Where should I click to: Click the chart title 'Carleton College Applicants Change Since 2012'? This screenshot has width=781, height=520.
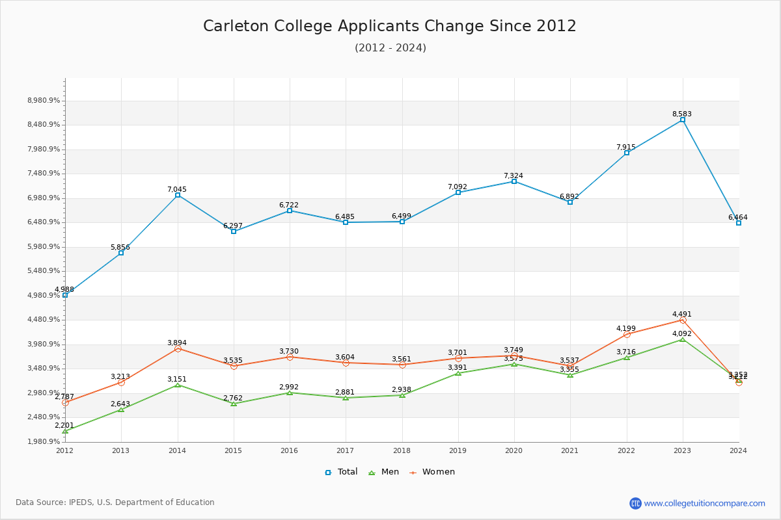pyautogui.click(x=390, y=26)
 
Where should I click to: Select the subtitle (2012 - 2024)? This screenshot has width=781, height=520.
pyautogui.click(x=390, y=47)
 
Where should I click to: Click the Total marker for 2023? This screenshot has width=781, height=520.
pyautogui.click(x=683, y=120)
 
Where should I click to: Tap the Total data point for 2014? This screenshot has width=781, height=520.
pyautogui.click(x=178, y=195)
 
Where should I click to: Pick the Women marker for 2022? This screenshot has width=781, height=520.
pyautogui.click(x=627, y=334)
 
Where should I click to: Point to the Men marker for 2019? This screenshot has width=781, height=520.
pyautogui.click(x=458, y=373)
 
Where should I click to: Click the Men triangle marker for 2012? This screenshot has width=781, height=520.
pyautogui.click(x=65, y=431)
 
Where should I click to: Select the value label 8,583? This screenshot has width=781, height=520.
pyautogui.click(x=682, y=114)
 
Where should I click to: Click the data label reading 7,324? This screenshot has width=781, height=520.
pyautogui.click(x=514, y=175)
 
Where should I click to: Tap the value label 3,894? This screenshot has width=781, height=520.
pyautogui.click(x=177, y=343)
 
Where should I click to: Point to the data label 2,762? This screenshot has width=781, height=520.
pyautogui.click(x=233, y=398)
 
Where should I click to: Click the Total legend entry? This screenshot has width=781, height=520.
pyautogui.click(x=341, y=472)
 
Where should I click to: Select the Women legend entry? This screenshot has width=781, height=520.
pyautogui.click(x=432, y=472)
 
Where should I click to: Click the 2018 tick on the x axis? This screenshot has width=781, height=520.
pyautogui.click(x=402, y=450)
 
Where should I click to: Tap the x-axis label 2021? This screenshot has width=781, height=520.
pyautogui.click(x=570, y=450)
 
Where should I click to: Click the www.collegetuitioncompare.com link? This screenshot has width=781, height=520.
pyautogui.click(x=704, y=503)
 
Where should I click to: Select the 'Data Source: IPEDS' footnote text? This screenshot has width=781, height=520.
pyautogui.click(x=115, y=502)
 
